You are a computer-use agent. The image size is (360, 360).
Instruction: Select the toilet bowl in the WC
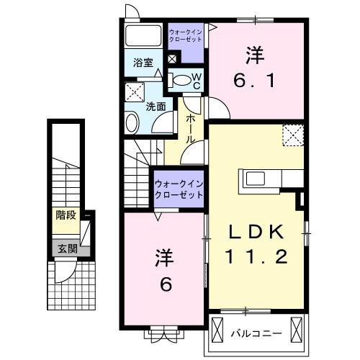183,79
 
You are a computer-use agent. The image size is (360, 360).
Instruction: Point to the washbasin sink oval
132,123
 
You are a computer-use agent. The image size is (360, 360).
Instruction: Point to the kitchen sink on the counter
255,178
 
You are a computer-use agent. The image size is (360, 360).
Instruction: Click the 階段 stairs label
66,214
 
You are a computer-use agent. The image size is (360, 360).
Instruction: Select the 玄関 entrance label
66,249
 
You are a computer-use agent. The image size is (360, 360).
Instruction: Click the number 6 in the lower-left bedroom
165,284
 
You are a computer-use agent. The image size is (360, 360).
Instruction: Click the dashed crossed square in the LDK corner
292,134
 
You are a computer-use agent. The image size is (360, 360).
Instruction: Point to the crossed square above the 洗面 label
134,91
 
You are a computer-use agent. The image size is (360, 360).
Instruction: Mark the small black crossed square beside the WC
172,59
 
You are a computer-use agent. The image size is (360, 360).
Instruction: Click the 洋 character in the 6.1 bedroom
253,53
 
